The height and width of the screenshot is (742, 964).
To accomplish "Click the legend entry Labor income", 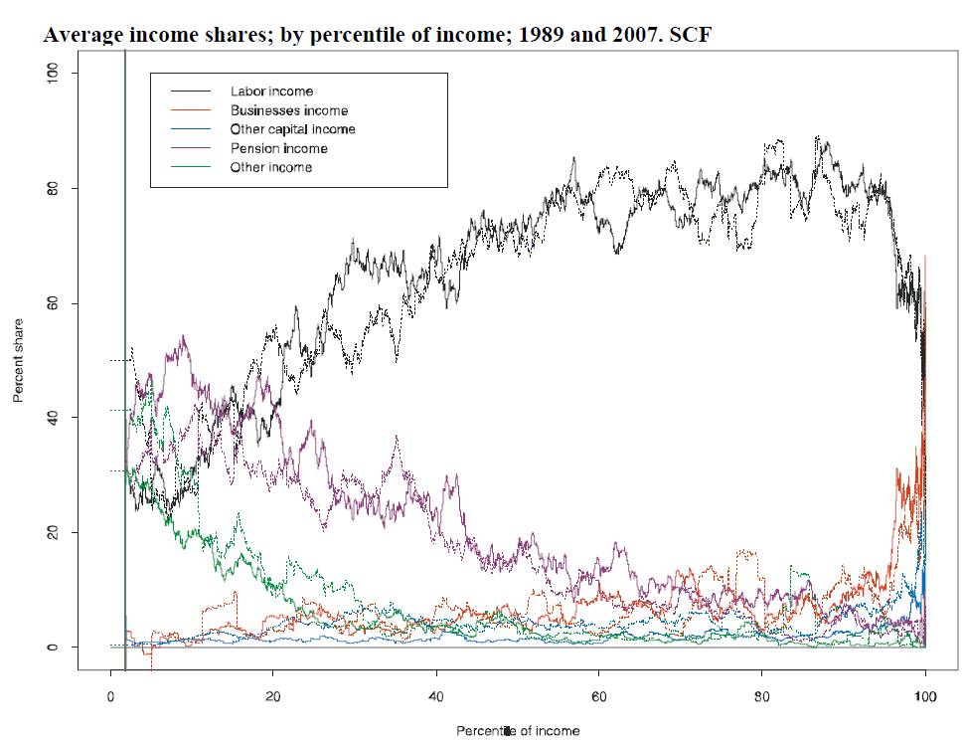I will coord(271,92).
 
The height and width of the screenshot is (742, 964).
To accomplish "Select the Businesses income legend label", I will coord(289,110).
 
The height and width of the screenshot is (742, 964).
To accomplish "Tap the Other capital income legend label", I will coord(292,129).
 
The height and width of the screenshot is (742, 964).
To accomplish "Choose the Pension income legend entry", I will coord(278,148).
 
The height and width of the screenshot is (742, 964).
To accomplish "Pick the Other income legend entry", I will coord(271,167).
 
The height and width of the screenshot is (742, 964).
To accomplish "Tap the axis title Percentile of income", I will coord(518,731).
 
